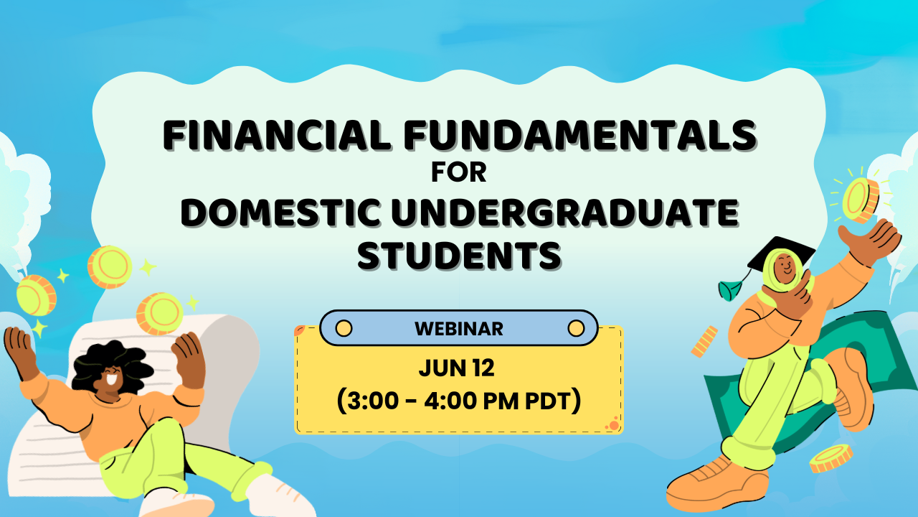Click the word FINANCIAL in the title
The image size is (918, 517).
point(277,135)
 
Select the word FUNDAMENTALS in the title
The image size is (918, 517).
point(580,135)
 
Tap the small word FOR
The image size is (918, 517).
point(459,172)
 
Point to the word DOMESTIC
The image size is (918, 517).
point(280,213)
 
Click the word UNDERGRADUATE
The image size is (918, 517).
point(565,213)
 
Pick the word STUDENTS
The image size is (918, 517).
point(460,256)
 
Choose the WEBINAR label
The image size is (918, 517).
point(459,329)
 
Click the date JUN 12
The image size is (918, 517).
point(457,368)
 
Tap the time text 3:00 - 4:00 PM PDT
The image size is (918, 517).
point(459,401)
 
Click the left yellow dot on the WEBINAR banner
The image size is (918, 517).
point(344,328)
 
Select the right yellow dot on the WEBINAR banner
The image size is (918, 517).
point(576,328)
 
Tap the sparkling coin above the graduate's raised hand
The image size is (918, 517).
point(861,200)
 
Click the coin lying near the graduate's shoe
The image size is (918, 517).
point(831,459)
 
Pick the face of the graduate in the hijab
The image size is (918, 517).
point(785,268)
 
